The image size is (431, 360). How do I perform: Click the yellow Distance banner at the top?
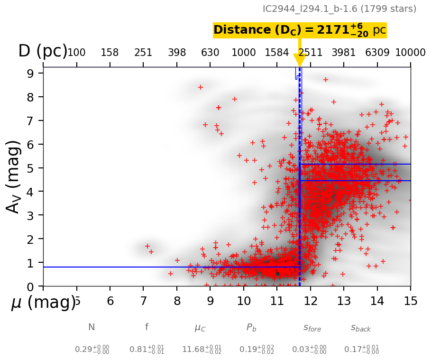click(300, 30)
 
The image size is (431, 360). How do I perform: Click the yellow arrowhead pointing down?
click(300, 60)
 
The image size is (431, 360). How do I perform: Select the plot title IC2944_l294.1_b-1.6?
click(339, 9)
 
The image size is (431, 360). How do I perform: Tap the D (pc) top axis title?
click(43, 51)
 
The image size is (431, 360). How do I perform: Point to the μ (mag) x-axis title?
click(43, 302)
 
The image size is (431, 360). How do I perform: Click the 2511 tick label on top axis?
click(310, 53)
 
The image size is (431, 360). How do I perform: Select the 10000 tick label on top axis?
click(410, 53)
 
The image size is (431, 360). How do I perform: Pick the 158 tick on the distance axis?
click(110, 53)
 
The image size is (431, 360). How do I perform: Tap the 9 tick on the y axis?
click(29, 74)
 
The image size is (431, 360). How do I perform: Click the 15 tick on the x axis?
click(411, 302)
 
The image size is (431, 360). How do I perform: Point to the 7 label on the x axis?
click(144, 302)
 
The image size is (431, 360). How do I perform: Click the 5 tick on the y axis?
click(29, 168)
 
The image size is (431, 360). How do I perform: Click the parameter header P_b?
click(251, 327)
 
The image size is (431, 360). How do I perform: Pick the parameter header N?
click(92, 327)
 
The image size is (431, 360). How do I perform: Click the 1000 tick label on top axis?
click(244, 53)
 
